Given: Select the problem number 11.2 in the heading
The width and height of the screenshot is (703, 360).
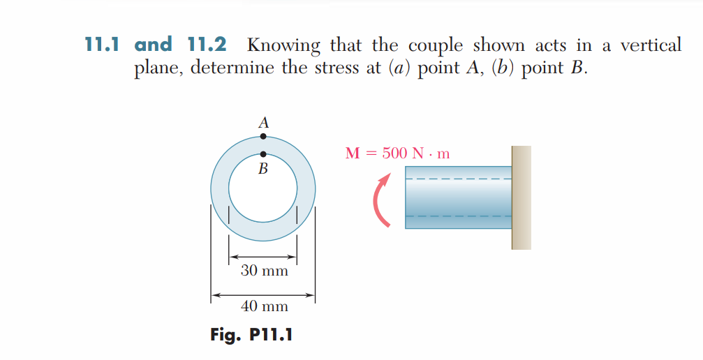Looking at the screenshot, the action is tap(207, 45).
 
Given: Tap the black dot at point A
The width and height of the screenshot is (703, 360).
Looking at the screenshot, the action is tap(263, 137).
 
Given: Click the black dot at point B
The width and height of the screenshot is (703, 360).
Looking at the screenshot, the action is tap(263, 154).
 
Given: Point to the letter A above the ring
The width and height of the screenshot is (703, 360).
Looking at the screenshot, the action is tap(263, 122).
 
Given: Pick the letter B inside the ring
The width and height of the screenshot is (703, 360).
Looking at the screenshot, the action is tap(263, 169).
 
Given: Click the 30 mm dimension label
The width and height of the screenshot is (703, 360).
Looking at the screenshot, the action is tap(264, 271).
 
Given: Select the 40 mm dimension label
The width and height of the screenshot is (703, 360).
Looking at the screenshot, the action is tap(264, 306).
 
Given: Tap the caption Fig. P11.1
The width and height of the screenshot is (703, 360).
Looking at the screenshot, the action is tap(251, 335).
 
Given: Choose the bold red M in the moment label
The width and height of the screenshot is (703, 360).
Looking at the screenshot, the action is tap(353, 153).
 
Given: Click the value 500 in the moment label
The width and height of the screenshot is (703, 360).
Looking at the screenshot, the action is tap(394, 153).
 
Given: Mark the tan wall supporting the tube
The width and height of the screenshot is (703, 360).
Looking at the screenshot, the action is tap(521, 197).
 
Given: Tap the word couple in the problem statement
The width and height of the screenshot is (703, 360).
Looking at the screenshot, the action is tap(435, 47).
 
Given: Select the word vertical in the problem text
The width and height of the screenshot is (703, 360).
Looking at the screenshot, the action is tap(651, 45).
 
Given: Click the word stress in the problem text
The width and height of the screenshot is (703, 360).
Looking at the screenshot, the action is tap(338, 70).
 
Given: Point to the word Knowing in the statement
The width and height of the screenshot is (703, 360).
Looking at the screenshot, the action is tap(284, 47).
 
